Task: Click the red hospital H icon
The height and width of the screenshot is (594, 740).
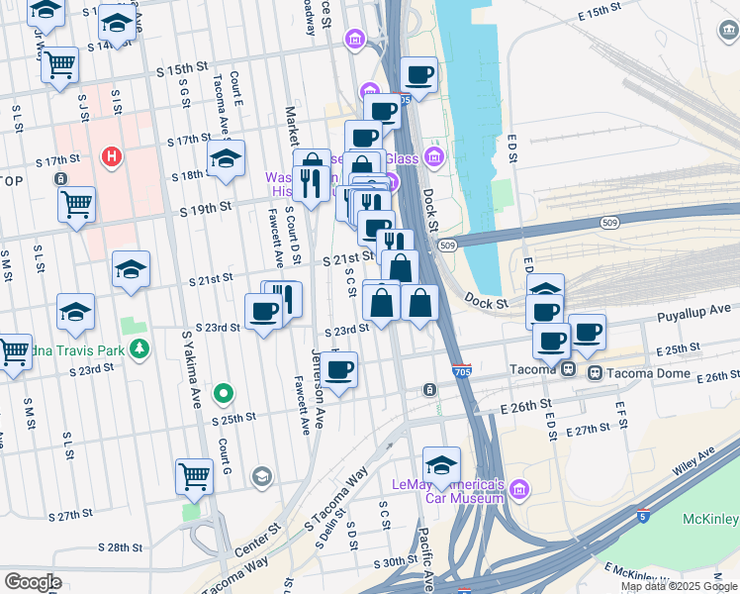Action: (x=112, y=156)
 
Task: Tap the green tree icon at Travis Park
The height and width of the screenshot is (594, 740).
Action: (x=139, y=347)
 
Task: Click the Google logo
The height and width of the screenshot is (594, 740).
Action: (x=33, y=582)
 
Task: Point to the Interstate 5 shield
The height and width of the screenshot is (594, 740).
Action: (x=644, y=515)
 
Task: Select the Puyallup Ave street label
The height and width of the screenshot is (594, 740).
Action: (x=696, y=311)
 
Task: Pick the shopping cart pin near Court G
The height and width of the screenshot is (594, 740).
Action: (x=194, y=475)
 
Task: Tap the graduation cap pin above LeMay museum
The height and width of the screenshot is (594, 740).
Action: (x=441, y=463)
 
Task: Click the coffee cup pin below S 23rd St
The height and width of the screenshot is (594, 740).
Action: (x=339, y=370)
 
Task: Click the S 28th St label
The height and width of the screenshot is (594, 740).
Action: (x=126, y=547)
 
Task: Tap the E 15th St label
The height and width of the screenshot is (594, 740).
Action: (x=609, y=12)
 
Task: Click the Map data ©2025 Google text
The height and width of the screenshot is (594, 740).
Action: (x=678, y=586)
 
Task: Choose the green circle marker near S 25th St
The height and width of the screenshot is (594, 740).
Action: (x=225, y=394)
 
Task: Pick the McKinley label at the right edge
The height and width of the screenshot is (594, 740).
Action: (x=710, y=520)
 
